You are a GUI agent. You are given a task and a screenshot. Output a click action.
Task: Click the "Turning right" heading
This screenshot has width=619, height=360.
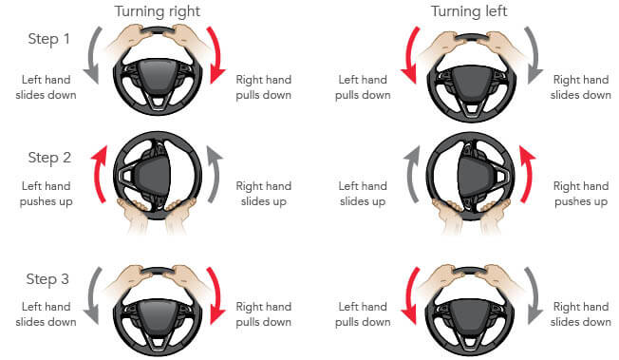(x=157, y=11)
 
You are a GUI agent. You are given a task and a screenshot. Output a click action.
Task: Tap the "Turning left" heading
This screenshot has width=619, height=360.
(x=469, y=11)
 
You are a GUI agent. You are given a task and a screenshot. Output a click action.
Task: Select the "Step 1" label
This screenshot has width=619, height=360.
(x=49, y=39)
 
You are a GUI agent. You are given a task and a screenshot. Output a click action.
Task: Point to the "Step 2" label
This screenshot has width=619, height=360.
(x=49, y=158)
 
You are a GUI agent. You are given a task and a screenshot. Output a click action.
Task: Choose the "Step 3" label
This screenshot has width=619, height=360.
(x=47, y=279)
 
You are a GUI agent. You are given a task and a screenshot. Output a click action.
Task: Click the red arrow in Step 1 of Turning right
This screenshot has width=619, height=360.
(x=216, y=51)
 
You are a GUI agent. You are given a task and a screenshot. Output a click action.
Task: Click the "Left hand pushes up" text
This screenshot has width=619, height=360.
(x=46, y=194)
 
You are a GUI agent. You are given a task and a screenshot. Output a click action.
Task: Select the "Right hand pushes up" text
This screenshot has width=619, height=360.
(x=581, y=194)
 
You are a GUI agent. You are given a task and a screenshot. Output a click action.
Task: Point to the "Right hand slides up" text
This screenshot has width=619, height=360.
(x=263, y=194)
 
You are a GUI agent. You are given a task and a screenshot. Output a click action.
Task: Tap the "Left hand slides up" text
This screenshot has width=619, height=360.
(x=363, y=194)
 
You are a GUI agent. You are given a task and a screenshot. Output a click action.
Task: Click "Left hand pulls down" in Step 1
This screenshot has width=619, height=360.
(x=363, y=87)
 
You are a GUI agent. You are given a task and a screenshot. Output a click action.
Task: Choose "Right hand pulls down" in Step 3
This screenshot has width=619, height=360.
(x=263, y=314)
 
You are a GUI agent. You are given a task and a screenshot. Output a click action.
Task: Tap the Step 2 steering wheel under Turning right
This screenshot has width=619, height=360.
(x=158, y=176)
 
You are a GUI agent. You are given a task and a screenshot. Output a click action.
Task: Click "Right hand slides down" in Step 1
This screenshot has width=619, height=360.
(x=581, y=87)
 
